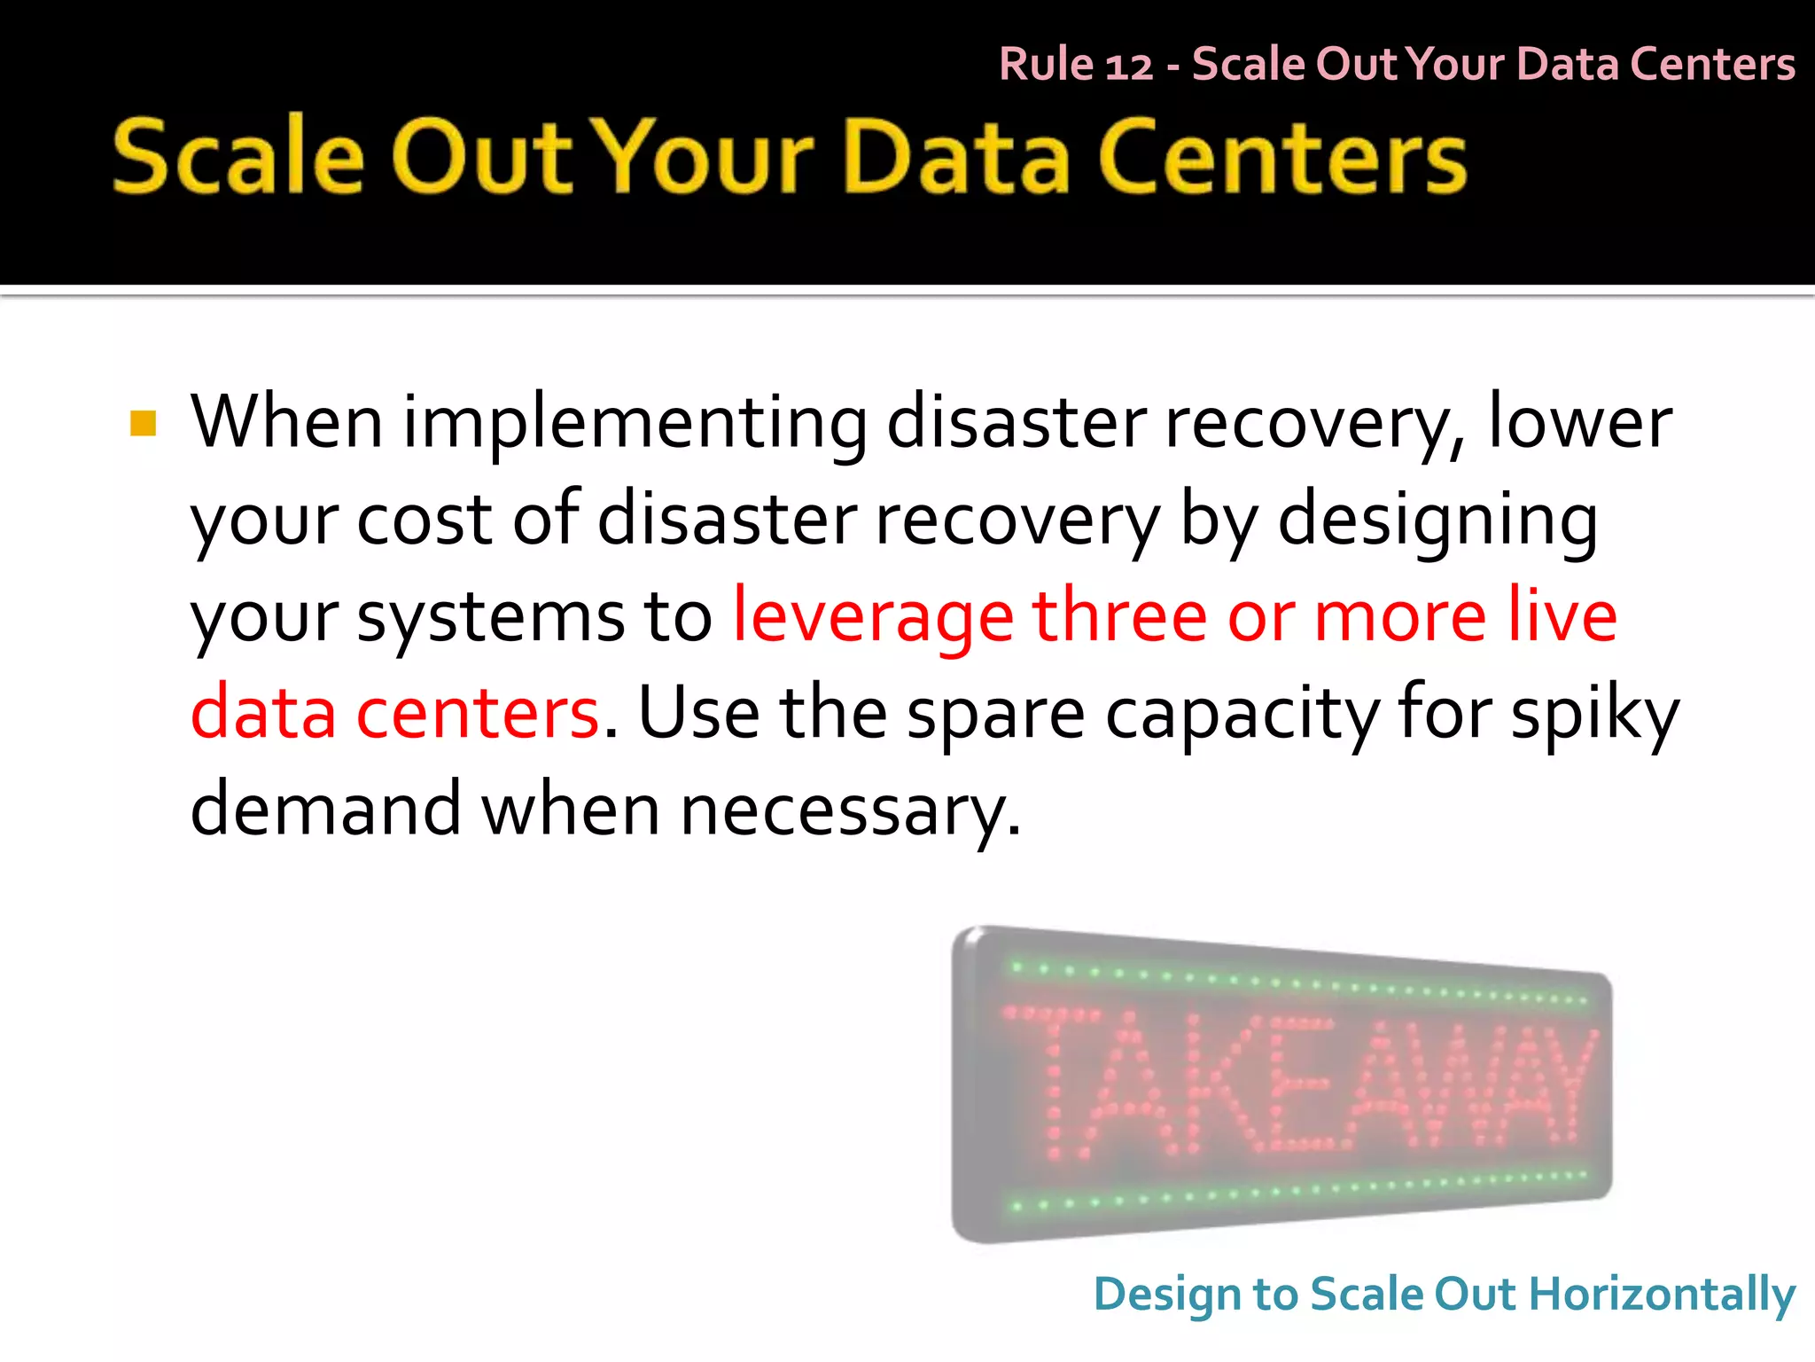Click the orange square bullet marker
coord(143,424)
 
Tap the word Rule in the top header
coord(1046,64)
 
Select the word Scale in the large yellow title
coord(238,156)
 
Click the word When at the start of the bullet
coord(286,422)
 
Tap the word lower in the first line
coord(1579,422)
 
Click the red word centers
coord(478,713)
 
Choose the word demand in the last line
coord(325,809)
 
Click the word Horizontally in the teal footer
coord(1662,1295)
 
